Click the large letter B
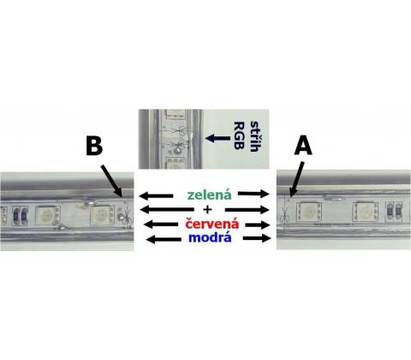pos(94,147)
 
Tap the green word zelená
pos(209,195)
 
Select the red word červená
pos(212,223)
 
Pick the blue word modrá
pos(210,237)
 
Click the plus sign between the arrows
pos(207,209)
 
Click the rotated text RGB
pos(239,135)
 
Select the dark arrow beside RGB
pos(217,139)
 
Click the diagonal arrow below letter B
pos(112,180)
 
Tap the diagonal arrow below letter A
pos(296,179)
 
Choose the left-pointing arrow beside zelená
pos(156,195)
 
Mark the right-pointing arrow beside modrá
pos(256,237)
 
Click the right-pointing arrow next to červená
pos(258,225)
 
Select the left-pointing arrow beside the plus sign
pos(167,209)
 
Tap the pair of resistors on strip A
pos(395,211)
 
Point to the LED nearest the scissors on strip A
pos(309,212)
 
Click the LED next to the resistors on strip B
pos(47,215)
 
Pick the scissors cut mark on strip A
pos(285,215)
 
